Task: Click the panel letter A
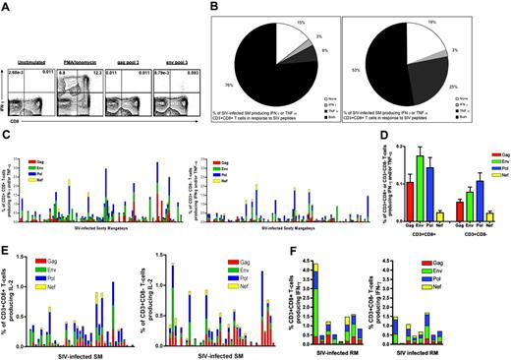coord(7,6)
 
